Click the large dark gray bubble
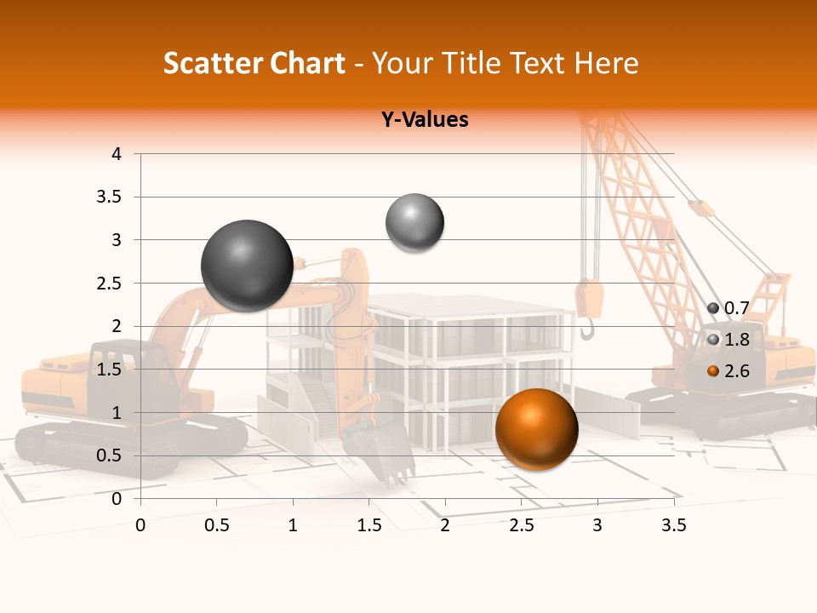248,266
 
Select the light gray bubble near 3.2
414,223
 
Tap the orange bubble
536,429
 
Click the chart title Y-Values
425,119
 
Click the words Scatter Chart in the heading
254,63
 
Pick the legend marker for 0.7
713,308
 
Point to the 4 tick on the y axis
116,154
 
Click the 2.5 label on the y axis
110,284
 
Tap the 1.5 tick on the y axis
110,370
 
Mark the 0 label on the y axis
116,499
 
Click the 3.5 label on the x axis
674,525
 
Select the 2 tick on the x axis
445,525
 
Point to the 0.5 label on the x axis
216,525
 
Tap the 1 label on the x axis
293,525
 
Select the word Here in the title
606,63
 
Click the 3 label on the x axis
597,525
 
